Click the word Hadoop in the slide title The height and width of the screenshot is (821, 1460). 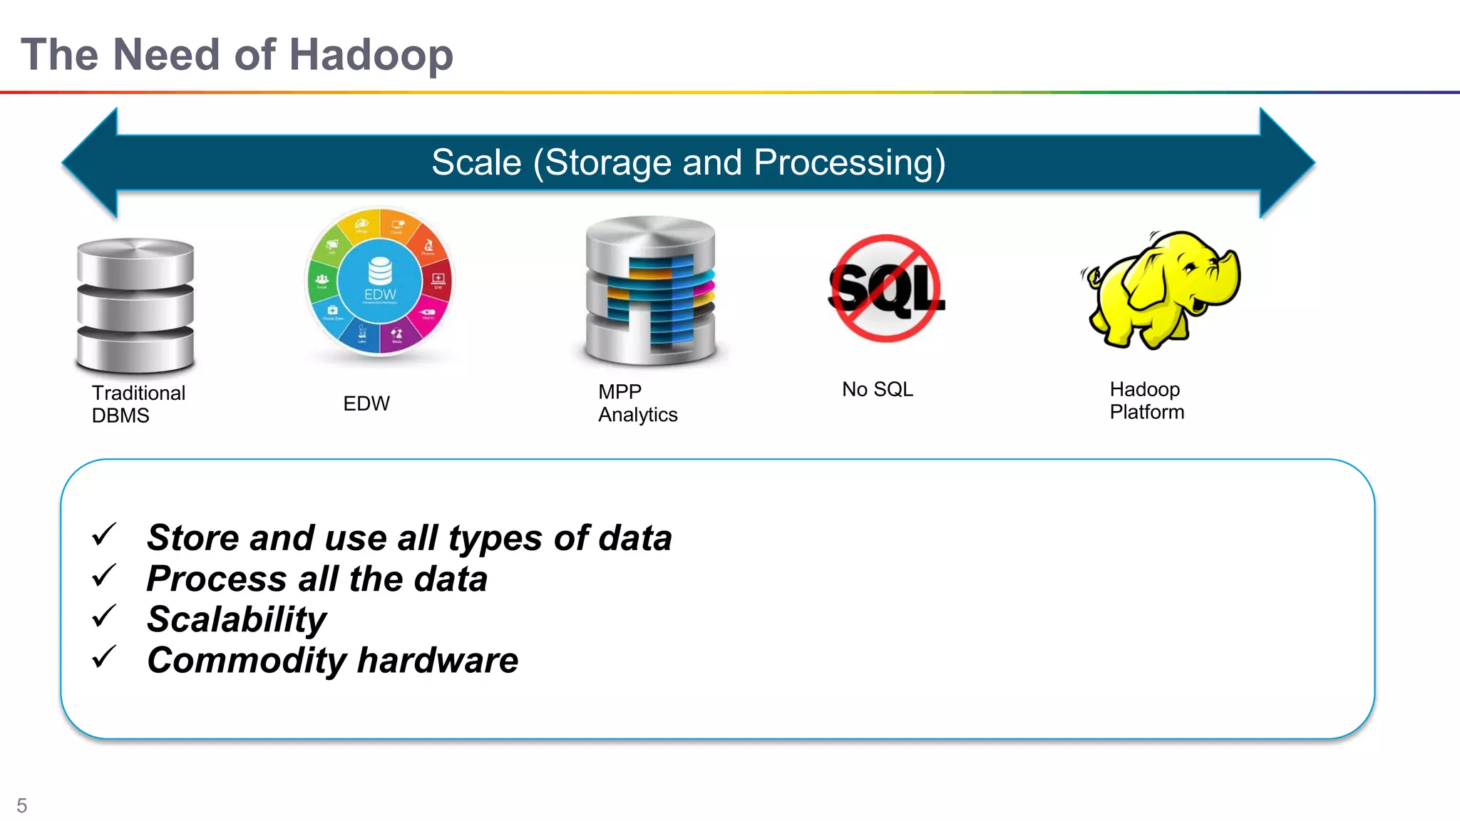click(x=371, y=55)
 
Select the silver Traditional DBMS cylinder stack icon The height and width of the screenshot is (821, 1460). click(x=135, y=305)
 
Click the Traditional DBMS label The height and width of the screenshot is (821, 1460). click(x=138, y=404)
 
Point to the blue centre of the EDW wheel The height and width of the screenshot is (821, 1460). click(x=379, y=282)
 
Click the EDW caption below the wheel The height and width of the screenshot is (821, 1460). click(x=366, y=403)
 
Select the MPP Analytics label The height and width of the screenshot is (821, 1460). click(x=637, y=403)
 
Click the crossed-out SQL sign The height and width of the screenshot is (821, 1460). click(x=887, y=288)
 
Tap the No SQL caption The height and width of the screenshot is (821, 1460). click(x=877, y=389)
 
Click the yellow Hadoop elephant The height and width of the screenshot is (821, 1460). click(x=1162, y=289)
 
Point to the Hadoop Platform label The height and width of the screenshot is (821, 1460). click(x=1146, y=401)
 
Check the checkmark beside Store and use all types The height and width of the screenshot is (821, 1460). click(x=104, y=535)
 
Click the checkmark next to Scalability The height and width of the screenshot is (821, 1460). click(x=104, y=616)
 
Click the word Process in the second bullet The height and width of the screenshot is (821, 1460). click(x=217, y=579)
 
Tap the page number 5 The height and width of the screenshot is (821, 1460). click(x=22, y=805)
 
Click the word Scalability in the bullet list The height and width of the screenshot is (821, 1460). click(x=237, y=619)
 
